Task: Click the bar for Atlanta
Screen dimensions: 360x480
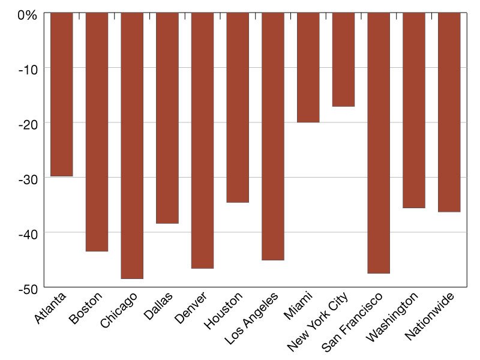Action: point(62,94)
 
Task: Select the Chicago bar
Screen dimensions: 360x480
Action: point(132,145)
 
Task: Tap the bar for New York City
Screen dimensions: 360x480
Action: point(343,59)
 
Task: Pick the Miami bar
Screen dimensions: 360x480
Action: point(308,67)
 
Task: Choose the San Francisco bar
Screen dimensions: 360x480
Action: point(379,143)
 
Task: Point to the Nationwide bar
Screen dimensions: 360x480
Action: point(449,112)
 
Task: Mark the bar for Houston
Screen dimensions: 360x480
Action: point(238,107)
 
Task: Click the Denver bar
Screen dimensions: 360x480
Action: point(202,140)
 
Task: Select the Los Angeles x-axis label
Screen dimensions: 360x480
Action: point(253,317)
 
